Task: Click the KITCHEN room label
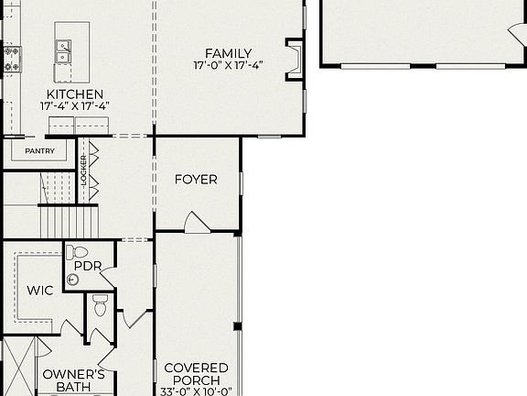75,94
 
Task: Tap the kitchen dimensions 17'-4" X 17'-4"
75,106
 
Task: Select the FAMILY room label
228,53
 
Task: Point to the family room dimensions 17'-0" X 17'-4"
228,66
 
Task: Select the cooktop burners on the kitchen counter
11,59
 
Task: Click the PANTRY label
39,151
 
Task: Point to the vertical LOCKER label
84,170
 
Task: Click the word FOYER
196,180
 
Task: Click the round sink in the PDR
73,280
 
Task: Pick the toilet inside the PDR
79,251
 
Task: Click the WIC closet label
39,291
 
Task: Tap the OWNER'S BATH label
68,380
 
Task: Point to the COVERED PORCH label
196,374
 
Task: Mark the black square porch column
237,325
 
